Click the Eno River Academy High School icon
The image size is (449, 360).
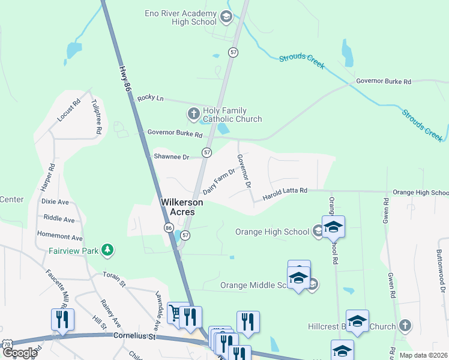tap(226, 16)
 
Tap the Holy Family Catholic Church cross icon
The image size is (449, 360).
tap(193, 113)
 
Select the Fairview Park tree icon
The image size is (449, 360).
tap(107, 249)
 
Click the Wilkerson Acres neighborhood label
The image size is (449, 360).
tap(181, 208)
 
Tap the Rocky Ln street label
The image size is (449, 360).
tap(150, 98)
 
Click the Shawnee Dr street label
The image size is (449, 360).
tap(171, 157)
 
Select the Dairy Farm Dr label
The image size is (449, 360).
tap(218, 181)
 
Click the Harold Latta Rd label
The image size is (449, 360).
tap(285, 191)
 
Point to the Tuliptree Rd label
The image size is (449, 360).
tap(97, 117)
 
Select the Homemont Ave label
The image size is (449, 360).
tap(60, 238)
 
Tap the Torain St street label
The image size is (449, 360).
tap(114, 279)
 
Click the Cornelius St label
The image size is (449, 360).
tap(134, 337)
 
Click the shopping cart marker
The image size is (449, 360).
tap(175, 313)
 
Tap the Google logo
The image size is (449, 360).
tap(20, 353)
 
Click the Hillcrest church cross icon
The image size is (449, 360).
tap(405, 326)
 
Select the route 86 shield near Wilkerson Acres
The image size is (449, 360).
tap(169, 228)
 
